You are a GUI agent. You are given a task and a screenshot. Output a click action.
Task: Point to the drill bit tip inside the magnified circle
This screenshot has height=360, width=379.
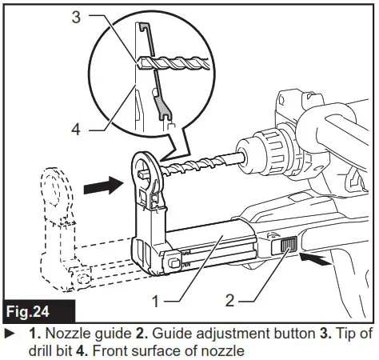click(142, 61)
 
